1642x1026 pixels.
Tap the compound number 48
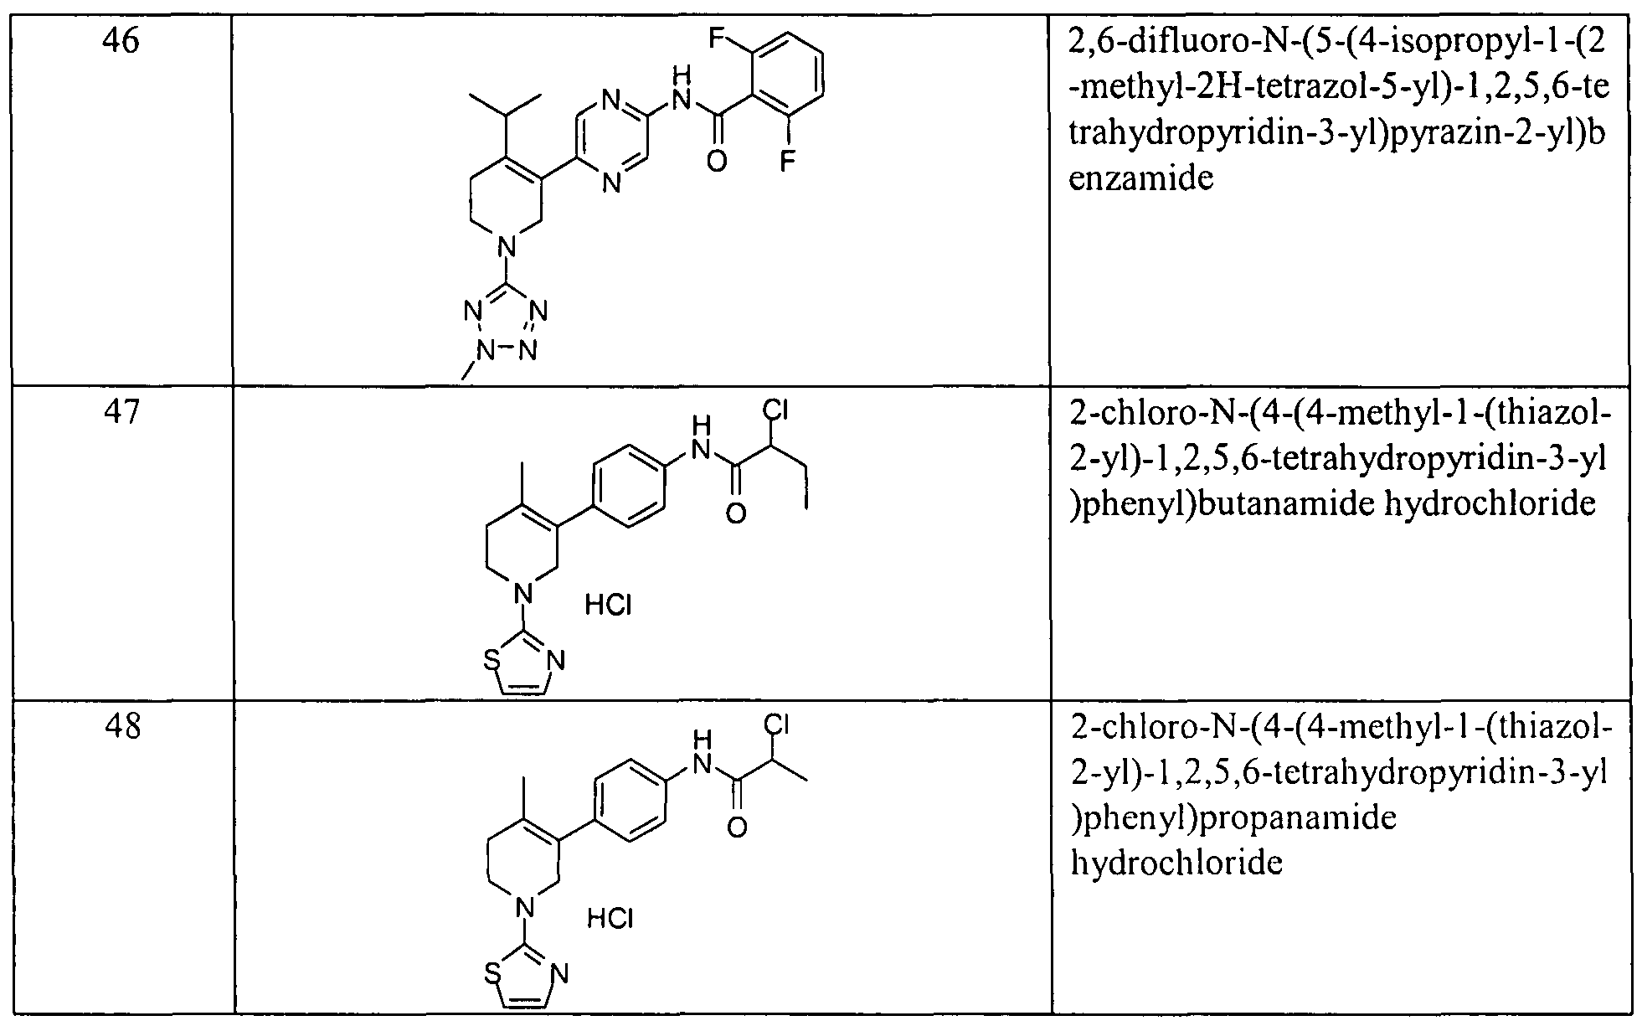[x=122, y=725]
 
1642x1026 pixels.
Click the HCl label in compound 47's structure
[x=609, y=606]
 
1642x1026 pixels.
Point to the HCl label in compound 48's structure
[x=610, y=920]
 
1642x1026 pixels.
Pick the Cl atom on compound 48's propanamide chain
[x=777, y=724]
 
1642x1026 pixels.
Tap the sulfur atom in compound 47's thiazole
[x=493, y=661]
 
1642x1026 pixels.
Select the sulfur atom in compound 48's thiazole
[x=494, y=975]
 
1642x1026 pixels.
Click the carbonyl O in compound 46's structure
[x=717, y=159]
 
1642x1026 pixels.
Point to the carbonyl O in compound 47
[x=736, y=512]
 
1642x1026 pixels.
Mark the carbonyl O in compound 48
[x=737, y=827]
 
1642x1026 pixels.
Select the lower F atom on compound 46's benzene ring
[x=786, y=159]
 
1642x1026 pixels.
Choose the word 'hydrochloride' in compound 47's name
[x=1472, y=504]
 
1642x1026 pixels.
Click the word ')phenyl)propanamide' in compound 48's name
[x=1233, y=817]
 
